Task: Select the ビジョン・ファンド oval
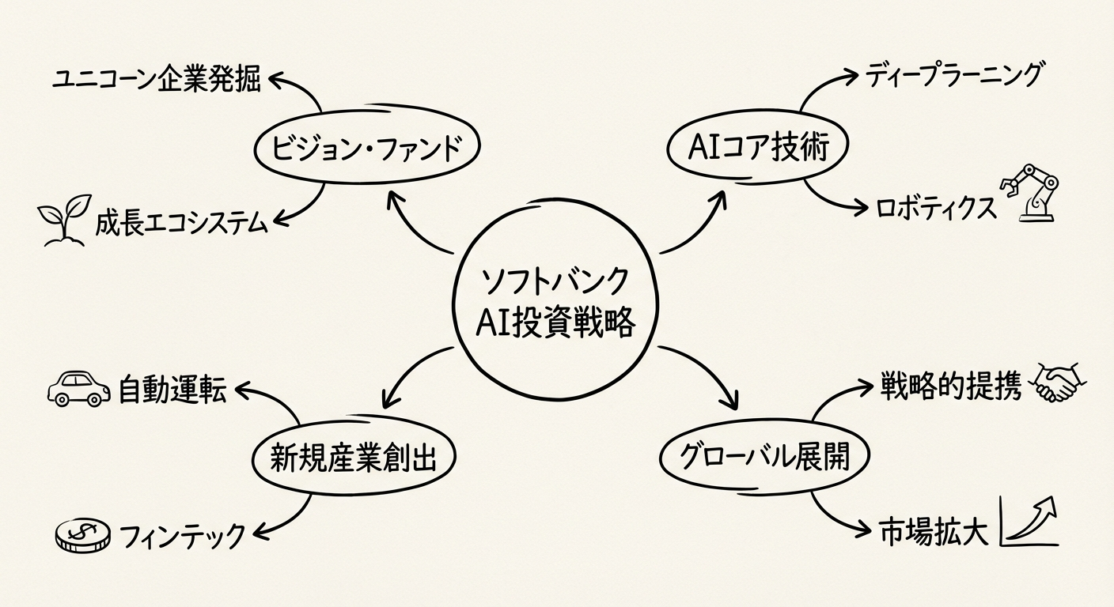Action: click(x=368, y=147)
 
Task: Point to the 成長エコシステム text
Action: click(x=181, y=223)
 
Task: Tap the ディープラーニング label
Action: click(x=954, y=76)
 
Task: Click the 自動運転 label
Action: click(x=172, y=390)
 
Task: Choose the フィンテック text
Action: click(x=183, y=537)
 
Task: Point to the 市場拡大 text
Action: click(x=934, y=532)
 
